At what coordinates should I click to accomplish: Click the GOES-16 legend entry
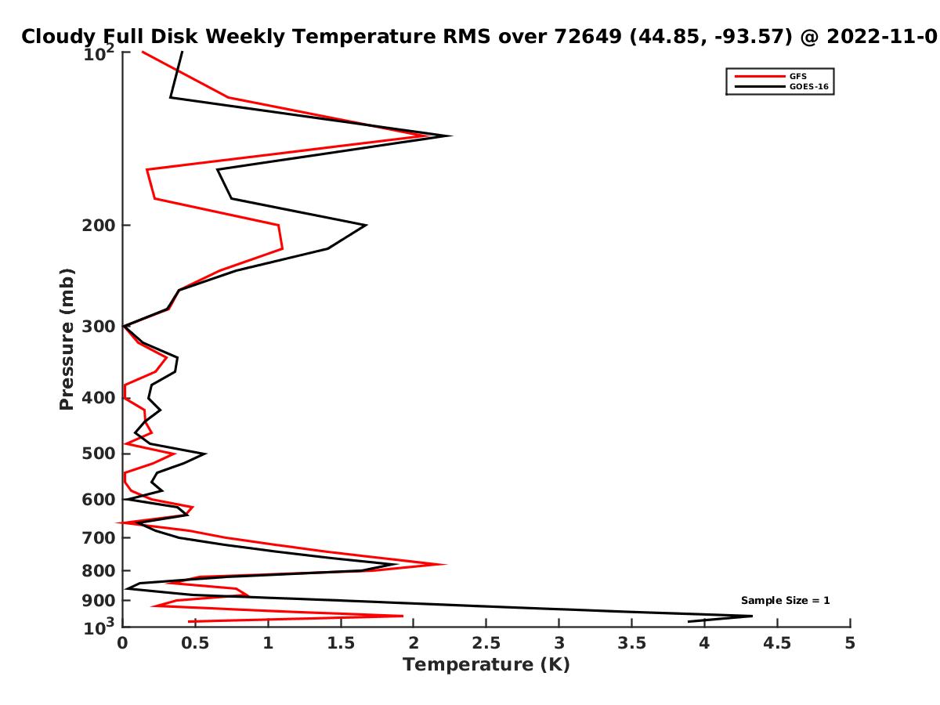[x=779, y=86]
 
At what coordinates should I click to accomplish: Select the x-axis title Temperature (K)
[x=486, y=664]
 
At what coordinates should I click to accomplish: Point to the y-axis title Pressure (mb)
[x=67, y=339]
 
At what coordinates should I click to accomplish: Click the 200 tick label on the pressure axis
[x=99, y=225]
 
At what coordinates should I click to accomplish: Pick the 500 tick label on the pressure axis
[x=99, y=454]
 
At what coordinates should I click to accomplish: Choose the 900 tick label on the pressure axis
[x=99, y=601]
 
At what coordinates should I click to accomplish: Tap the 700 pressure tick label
[x=99, y=537]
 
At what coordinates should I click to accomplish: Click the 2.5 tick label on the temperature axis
[x=486, y=643]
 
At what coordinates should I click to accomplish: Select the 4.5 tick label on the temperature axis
[x=777, y=643]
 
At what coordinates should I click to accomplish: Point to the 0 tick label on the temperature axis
[x=122, y=643]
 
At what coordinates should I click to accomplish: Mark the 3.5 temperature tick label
[x=631, y=643]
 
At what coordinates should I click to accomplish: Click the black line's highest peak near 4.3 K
[x=751, y=616]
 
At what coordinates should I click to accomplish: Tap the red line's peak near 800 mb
[x=446, y=564]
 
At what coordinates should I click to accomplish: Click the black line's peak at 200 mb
[x=366, y=225]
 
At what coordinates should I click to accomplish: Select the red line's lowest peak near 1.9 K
[x=402, y=616]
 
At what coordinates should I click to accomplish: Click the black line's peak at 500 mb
[x=206, y=454]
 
